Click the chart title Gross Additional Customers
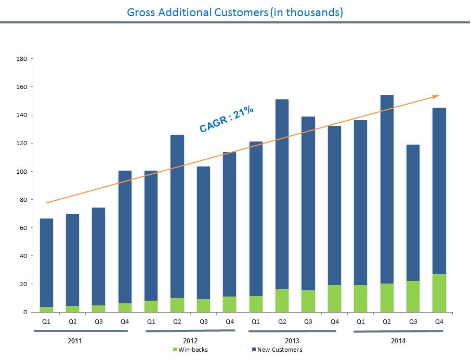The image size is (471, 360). pos(235,12)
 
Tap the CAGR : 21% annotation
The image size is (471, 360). pos(227,119)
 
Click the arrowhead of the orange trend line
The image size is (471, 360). pos(437,96)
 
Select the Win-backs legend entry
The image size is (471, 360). pos(191,350)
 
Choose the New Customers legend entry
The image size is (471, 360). pos(281,350)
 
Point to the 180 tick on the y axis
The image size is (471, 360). pos(21,59)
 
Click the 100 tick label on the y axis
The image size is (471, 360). pos(21,172)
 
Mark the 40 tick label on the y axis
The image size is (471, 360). pos(23,256)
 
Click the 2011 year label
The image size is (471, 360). pos(75,341)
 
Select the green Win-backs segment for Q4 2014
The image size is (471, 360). pos(439,293)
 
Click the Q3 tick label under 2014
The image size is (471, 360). pos(413,321)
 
